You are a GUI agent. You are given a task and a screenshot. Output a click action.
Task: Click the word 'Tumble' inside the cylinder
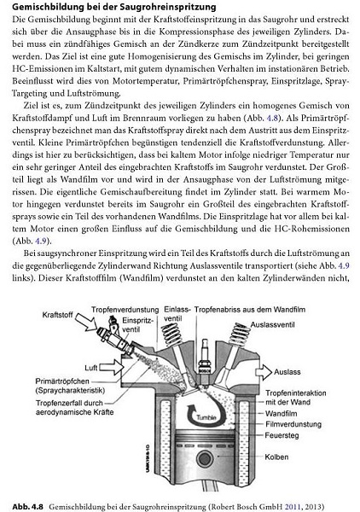(206, 418)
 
